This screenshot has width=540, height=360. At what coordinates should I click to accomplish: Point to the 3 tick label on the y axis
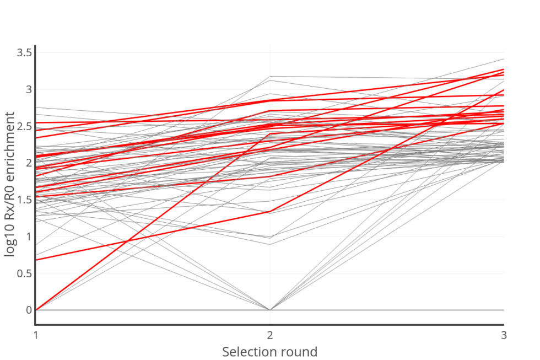(x=28, y=89)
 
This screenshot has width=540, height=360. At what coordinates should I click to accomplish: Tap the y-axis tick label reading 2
(x=28, y=163)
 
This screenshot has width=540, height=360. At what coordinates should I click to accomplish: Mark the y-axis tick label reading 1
(x=28, y=237)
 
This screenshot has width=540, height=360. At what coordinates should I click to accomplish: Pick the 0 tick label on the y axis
(x=28, y=310)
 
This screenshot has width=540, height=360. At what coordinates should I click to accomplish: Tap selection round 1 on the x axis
(x=36, y=335)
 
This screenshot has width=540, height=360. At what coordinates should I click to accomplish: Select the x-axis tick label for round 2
(x=270, y=335)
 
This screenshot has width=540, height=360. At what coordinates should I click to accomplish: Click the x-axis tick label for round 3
(x=503, y=335)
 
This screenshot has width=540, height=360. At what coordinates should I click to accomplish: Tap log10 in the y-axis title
(x=10, y=237)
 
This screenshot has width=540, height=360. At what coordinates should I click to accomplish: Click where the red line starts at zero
(x=36, y=310)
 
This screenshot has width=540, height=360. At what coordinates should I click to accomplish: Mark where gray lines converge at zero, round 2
(x=270, y=310)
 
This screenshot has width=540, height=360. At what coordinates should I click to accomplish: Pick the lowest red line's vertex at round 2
(x=270, y=212)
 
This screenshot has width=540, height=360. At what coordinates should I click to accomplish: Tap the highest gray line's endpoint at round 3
(x=503, y=59)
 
